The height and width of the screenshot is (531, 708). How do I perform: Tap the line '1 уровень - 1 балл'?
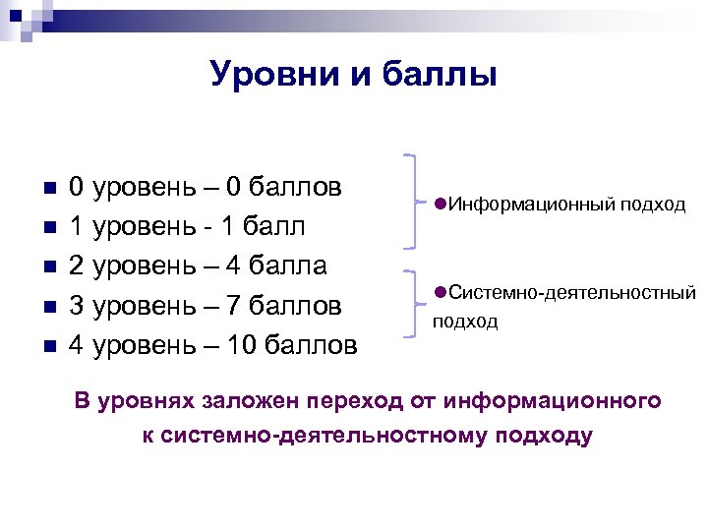186,227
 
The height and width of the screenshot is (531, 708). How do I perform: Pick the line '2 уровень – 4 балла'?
198,266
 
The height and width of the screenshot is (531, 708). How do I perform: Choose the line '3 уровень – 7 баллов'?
205,306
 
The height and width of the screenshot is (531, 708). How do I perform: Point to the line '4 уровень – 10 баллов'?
212,345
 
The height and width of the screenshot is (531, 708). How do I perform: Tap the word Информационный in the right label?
512,205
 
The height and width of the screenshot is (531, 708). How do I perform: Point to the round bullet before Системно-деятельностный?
439,291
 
